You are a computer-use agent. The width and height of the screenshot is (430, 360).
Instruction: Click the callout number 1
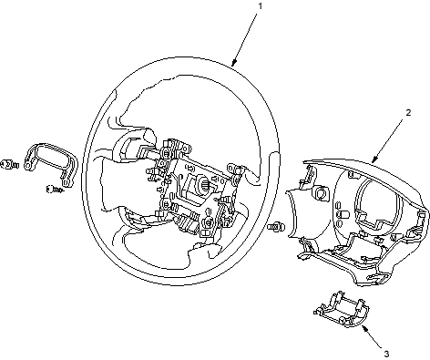click(260, 6)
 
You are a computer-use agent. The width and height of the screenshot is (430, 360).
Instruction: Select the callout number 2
click(408, 112)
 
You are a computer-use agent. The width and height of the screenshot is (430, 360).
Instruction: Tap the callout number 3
click(386, 354)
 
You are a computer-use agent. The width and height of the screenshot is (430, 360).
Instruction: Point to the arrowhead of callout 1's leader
click(232, 64)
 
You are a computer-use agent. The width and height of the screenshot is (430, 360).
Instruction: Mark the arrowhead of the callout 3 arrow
click(364, 328)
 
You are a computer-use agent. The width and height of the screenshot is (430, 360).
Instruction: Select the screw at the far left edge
click(9, 164)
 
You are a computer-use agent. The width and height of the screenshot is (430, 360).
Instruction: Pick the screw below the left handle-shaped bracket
click(55, 190)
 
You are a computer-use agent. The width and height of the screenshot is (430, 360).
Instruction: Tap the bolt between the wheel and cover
click(276, 226)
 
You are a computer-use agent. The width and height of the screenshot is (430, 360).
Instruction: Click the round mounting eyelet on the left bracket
click(28, 166)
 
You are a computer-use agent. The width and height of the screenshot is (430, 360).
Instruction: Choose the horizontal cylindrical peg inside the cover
click(344, 214)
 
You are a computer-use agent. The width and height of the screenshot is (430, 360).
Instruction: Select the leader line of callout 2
click(388, 140)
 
